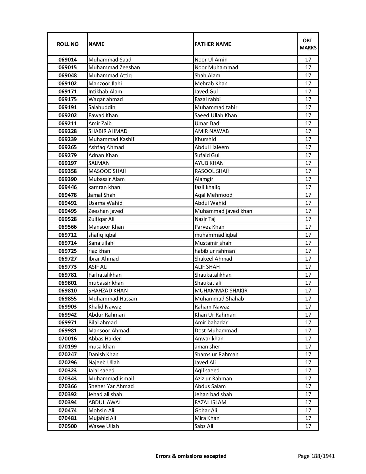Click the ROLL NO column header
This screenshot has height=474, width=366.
coord(67,44)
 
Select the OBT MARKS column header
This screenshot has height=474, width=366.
coord(308,44)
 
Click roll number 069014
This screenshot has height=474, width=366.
coord(67,60)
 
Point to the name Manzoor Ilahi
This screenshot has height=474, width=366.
coord(105,84)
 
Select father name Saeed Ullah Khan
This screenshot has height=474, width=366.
coord(216,115)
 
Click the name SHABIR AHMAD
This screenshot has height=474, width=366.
coord(108,131)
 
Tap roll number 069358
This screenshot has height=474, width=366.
coord(67,171)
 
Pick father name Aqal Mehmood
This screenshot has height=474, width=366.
coord(213,195)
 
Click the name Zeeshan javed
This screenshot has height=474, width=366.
coord(106,211)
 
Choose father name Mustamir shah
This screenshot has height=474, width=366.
coord(213,243)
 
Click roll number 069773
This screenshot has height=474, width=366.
coord(67,267)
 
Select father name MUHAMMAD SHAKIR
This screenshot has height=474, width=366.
coord(221,291)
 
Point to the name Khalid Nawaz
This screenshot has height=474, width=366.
coord(105,307)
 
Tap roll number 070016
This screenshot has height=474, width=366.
coord(67,339)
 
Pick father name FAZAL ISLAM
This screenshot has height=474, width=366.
coord(210,402)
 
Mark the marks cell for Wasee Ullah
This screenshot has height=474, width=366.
coord(308,426)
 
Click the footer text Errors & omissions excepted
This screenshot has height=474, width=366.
coord(191,456)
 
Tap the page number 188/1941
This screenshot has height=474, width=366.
coord(316,456)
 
